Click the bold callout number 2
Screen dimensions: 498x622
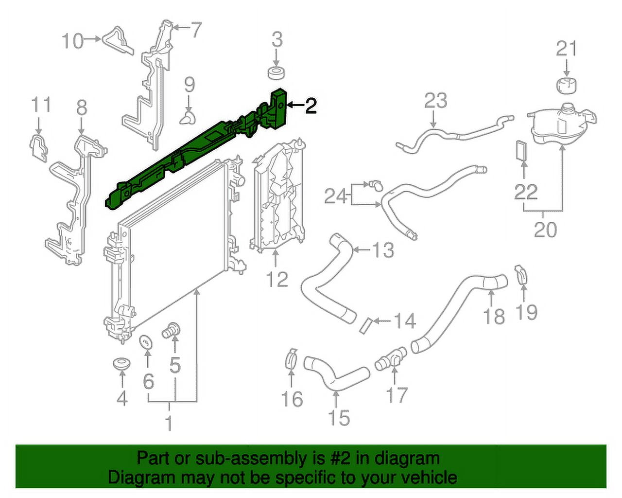(x=311, y=106)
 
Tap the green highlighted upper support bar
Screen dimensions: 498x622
(x=194, y=151)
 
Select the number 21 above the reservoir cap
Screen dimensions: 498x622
(x=566, y=49)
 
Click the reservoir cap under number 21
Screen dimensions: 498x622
(x=567, y=84)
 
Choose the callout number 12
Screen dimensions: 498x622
(x=276, y=279)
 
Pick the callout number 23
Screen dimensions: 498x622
(x=435, y=101)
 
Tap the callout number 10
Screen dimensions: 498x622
(x=73, y=40)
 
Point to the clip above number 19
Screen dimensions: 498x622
(x=520, y=274)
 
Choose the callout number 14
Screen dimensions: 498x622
(x=404, y=321)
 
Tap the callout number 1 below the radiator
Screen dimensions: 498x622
(x=169, y=423)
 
